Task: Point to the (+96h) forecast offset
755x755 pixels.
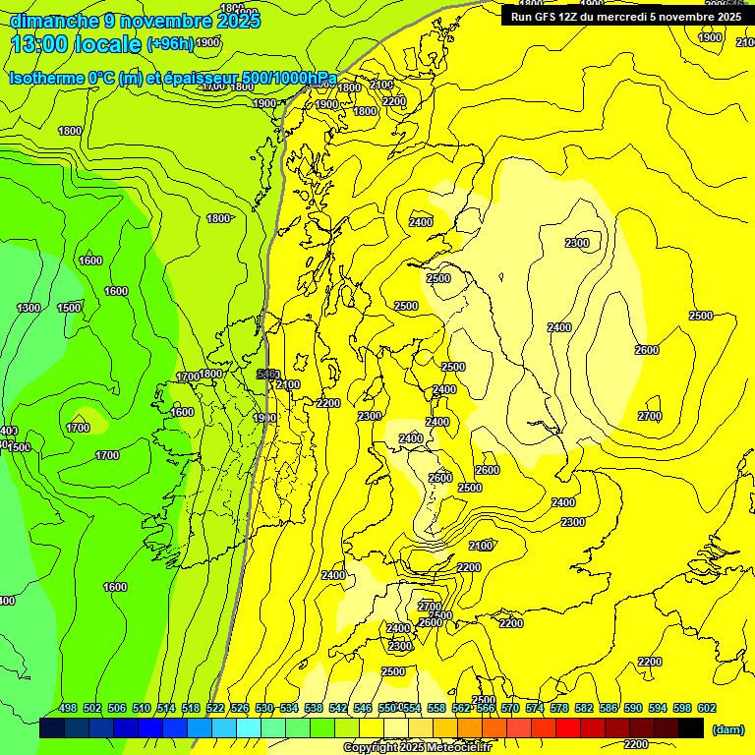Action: pyautogui.click(x=170, y=43)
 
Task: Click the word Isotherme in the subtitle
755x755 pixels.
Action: pyautogui.click(x=45, y=79)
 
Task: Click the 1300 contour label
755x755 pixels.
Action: pyautogui.click(x=29, y=309)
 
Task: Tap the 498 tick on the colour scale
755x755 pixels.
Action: pyautogui.click(x=68, y=708)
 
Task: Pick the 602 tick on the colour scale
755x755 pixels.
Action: pyautogui.click(x=707, y=708)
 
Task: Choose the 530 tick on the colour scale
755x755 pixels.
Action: pyautogui.click(x=264, y=708)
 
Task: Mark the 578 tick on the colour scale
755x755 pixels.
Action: pyautogui.click(x=559, y=708)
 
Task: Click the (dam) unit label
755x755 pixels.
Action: pyautogui.click(x=728, y=729)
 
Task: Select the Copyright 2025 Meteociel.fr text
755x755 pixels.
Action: pyautogui.click(x=417, y=747)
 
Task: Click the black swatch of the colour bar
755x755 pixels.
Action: pyautogui.click(x=691, y=728)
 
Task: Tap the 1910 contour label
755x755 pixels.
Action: pyautogui.click(x=264, y=418)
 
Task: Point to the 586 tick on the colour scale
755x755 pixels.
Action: pyautogui.click(x=609, y=708)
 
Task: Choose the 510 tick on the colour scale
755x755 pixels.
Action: pyautogui.click(x=142, y=708)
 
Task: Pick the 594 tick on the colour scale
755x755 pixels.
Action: pyautogui.click(x=658, y=708)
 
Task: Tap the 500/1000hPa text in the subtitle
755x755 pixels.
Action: pyautogui.click(x=290, y=79)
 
